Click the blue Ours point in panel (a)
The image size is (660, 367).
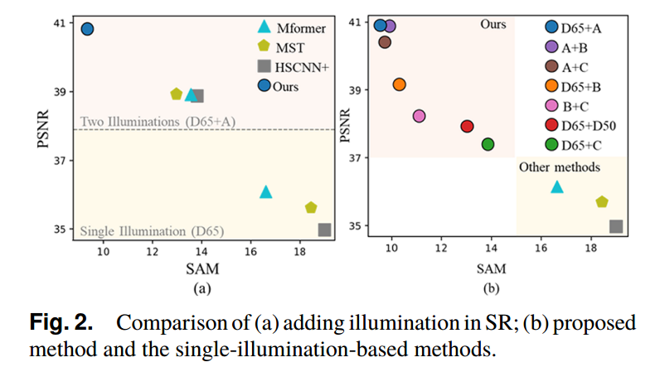[87, 29]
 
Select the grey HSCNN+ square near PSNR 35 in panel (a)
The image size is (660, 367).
[324, 229]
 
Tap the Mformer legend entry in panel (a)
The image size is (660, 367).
[287, 27]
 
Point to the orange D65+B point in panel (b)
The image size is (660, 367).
[399, 85]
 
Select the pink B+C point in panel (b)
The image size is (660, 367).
[419, 116]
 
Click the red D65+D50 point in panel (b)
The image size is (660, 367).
[467, 127]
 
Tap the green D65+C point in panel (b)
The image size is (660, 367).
[488, 144]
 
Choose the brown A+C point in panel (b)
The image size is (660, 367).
[385, 42]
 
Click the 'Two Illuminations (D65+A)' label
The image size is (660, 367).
[158, 122]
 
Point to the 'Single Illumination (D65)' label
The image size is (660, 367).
[152, 230]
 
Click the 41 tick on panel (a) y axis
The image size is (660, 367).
[61, 24]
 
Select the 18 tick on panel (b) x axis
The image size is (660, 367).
[590, 247]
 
